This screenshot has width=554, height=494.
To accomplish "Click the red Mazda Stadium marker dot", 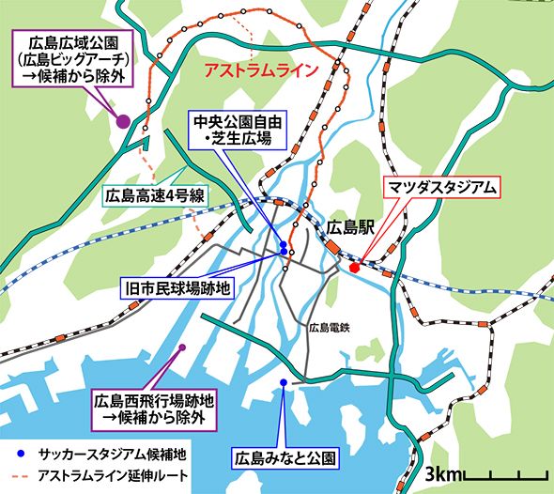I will pos(354,268).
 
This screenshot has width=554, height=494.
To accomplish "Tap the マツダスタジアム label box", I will pos(442,186).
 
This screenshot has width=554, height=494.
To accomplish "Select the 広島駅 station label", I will pos(352,226).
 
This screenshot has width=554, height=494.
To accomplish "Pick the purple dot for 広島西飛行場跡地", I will pos(183,347).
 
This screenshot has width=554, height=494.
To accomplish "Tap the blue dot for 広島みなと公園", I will pos(283,382).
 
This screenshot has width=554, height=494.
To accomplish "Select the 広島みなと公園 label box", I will pos(283,460).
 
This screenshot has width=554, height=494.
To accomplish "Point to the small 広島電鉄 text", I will pos(329,328).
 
